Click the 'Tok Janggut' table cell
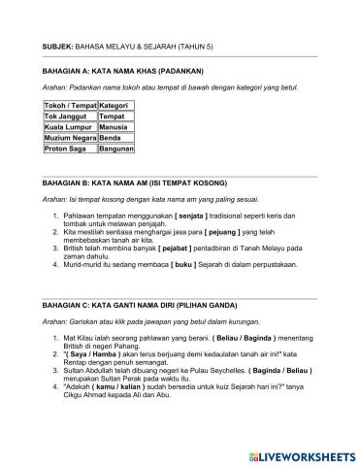[x=68, y=116]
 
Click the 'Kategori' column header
[x=116, y=104]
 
